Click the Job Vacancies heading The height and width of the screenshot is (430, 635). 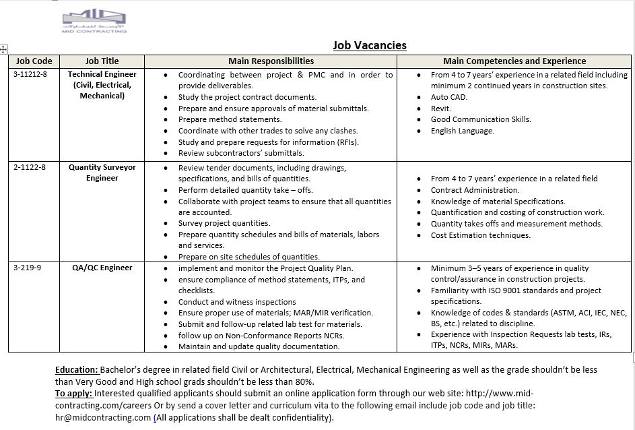pos(370,46)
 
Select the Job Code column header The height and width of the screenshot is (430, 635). pos(34,61)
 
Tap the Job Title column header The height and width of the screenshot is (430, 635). pos(102,61)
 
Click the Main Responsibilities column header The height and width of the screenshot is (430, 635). pos(271,61)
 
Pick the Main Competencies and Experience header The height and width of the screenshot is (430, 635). pos(514,61)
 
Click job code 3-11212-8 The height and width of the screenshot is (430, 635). pos(31,74)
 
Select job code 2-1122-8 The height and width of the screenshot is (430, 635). pos(30,167)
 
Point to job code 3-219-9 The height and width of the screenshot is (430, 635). pos(28,268)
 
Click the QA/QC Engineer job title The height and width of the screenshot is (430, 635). pos(102,268)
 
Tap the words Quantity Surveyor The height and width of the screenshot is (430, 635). pos(102,167)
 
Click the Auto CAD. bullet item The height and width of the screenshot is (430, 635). pos(448,97)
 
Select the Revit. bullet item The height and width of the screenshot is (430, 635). pos(441,109)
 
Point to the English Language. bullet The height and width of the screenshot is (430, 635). pos(462,131)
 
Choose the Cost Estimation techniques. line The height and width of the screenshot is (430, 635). pos(480,235)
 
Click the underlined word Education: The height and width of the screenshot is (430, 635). pos(77,370)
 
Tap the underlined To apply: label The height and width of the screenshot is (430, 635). pos(73,394)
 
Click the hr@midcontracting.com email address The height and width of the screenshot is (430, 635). pos(103,417)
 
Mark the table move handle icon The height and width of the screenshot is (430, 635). pos(4,49)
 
